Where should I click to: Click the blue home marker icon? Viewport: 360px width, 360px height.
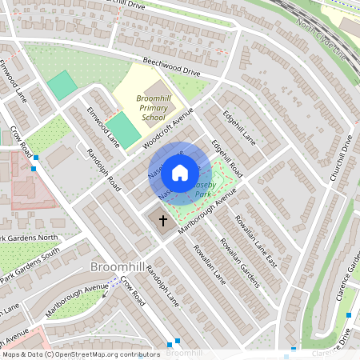180,172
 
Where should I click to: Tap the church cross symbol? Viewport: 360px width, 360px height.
163,220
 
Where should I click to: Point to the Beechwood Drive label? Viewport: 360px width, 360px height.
172,66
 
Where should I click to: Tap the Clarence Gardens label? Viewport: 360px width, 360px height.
347,289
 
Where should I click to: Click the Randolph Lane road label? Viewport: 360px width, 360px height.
162,284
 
